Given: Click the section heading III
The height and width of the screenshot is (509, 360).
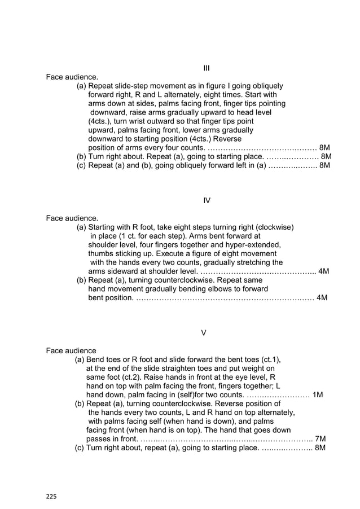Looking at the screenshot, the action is pyautogui.click(x=207, y=68).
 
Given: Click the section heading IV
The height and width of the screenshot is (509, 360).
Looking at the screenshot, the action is pyautogui.click(x=207, y=200).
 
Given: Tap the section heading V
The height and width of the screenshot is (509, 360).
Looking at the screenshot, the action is pyautogui.click(x=204, y=332).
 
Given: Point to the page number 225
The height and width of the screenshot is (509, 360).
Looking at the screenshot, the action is pyautogui.click(x=51, y=497).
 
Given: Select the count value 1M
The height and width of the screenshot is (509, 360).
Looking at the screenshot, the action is pyautogui.click(x=318, y=395).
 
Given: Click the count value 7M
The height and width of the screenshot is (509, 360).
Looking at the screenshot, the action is pyautogui.click(x=320, y=439).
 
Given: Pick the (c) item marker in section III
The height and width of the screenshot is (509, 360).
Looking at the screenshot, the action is pyautogui.click(x=81, y=165).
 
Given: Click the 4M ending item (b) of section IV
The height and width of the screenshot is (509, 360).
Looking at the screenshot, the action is pyautogui.click(x=322, y=297).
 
